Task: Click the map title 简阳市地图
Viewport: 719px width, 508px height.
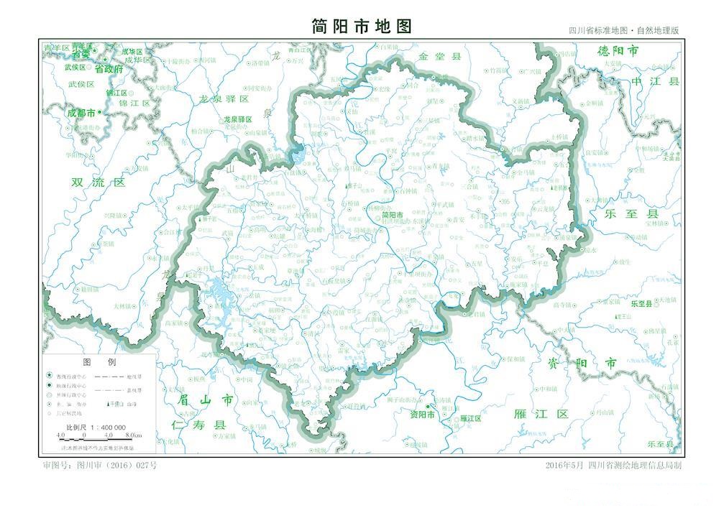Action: tap(362, 27)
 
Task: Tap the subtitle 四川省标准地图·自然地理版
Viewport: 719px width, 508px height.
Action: tap(623, 31)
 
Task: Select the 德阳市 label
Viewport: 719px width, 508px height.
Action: tap(618, 51)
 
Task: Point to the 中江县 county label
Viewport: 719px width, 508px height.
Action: tap(654, 81)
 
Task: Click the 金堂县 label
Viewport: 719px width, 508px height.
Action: tap(439, 56)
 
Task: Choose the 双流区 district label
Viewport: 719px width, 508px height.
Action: tap(99, 183)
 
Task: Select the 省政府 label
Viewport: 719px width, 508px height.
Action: tap(109, 69)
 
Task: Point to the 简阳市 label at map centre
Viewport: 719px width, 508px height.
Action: tap(393, 214)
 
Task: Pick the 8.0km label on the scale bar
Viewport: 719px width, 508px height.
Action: tap(133, 435)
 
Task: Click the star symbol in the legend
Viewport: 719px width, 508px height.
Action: tap(49, 376)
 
